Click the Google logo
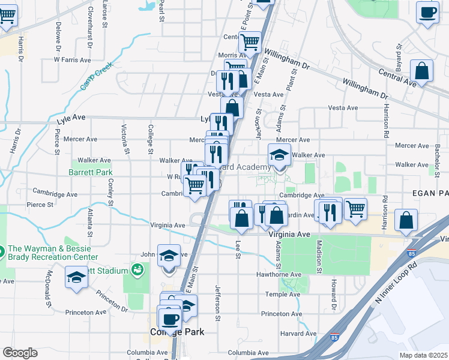point(20,353)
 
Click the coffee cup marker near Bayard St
point(428,13)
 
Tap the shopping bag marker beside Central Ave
point(422,71)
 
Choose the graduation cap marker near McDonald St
point(76,278)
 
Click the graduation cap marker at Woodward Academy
point(279,155)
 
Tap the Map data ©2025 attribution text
point(423,355)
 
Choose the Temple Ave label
point(281,294)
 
